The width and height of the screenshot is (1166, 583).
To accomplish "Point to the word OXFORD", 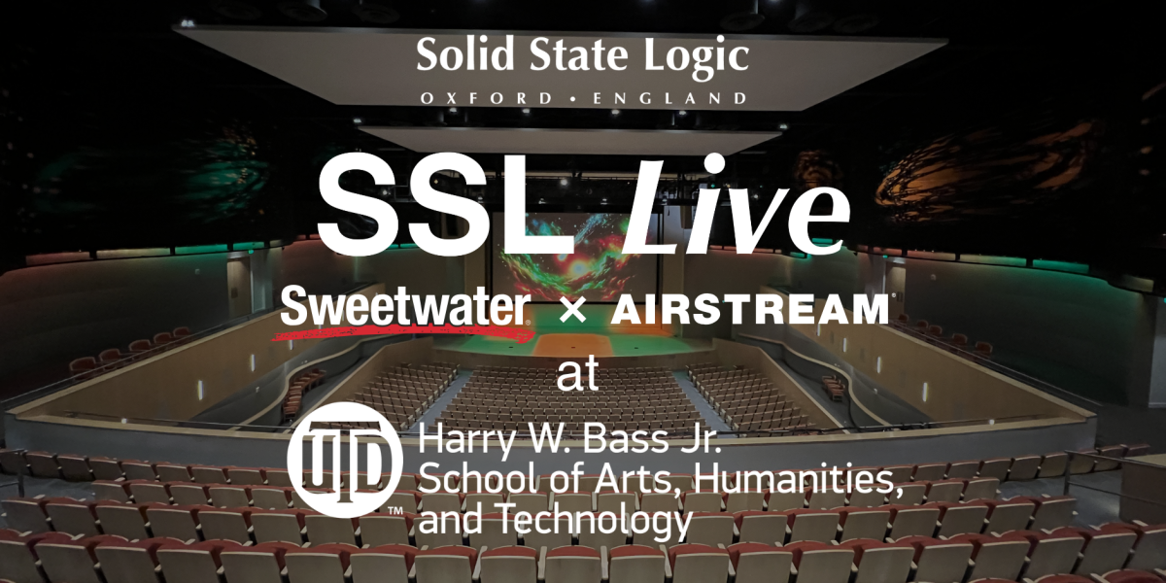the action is [486, 98].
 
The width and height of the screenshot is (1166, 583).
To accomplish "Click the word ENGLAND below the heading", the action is [669, 98].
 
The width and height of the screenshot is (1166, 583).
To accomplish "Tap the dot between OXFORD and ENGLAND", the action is [572, 98].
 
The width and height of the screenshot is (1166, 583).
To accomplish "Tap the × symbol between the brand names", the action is [572, 312].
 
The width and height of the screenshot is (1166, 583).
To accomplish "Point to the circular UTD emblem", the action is [345, 460].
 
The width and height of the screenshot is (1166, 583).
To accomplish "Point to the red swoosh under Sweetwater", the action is [400, 331].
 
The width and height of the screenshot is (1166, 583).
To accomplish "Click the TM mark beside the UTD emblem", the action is [395, 511].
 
